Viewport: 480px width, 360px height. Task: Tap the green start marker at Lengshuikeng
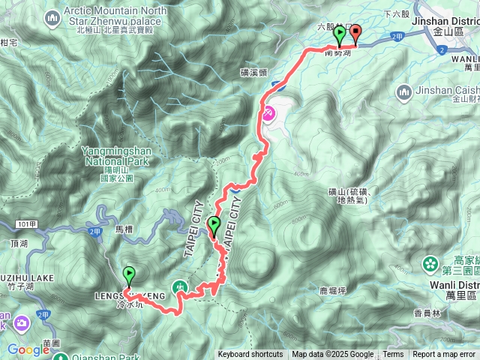coord(129,275)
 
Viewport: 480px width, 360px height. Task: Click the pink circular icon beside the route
coord(268,113)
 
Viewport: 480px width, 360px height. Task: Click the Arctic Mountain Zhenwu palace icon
coord(52,16)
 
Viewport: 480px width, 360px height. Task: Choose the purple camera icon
coord(21,324)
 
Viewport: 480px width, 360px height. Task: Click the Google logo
coord(28,349)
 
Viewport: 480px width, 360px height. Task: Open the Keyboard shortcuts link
coord(250,355)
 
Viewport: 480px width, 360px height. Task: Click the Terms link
coord(393,355)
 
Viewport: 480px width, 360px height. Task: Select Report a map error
coord(444,355)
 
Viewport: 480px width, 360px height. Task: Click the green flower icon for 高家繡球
coord(431,264)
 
